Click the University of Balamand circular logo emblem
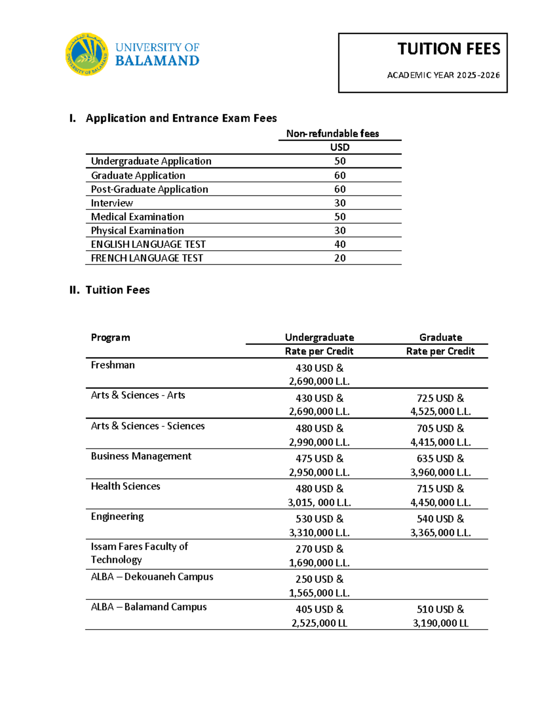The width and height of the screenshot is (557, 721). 87,54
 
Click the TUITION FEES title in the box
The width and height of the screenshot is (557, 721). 448,49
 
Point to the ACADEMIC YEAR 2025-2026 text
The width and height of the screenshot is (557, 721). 443,75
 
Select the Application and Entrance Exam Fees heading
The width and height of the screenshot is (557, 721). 181,118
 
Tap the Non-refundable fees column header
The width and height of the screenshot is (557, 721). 332,134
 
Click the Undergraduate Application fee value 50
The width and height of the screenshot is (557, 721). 340,161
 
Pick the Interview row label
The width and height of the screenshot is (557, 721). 112,203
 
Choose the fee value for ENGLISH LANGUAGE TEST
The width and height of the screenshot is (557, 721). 340,244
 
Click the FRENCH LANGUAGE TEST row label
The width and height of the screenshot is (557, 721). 147,258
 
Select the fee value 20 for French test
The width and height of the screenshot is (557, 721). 340,258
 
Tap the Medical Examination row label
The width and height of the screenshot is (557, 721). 137,217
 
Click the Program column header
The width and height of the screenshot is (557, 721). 110,338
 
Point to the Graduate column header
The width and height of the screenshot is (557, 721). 440,338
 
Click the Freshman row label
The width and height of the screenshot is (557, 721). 113,365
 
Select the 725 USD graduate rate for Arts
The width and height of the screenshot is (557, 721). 440,398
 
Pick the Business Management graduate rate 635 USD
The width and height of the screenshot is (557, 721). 440,459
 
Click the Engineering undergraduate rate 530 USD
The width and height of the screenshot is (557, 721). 319,519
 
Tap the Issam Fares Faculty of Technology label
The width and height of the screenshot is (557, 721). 139,553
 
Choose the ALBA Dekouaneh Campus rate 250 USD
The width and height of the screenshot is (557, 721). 319,579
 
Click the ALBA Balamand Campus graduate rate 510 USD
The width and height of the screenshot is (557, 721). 440,610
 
